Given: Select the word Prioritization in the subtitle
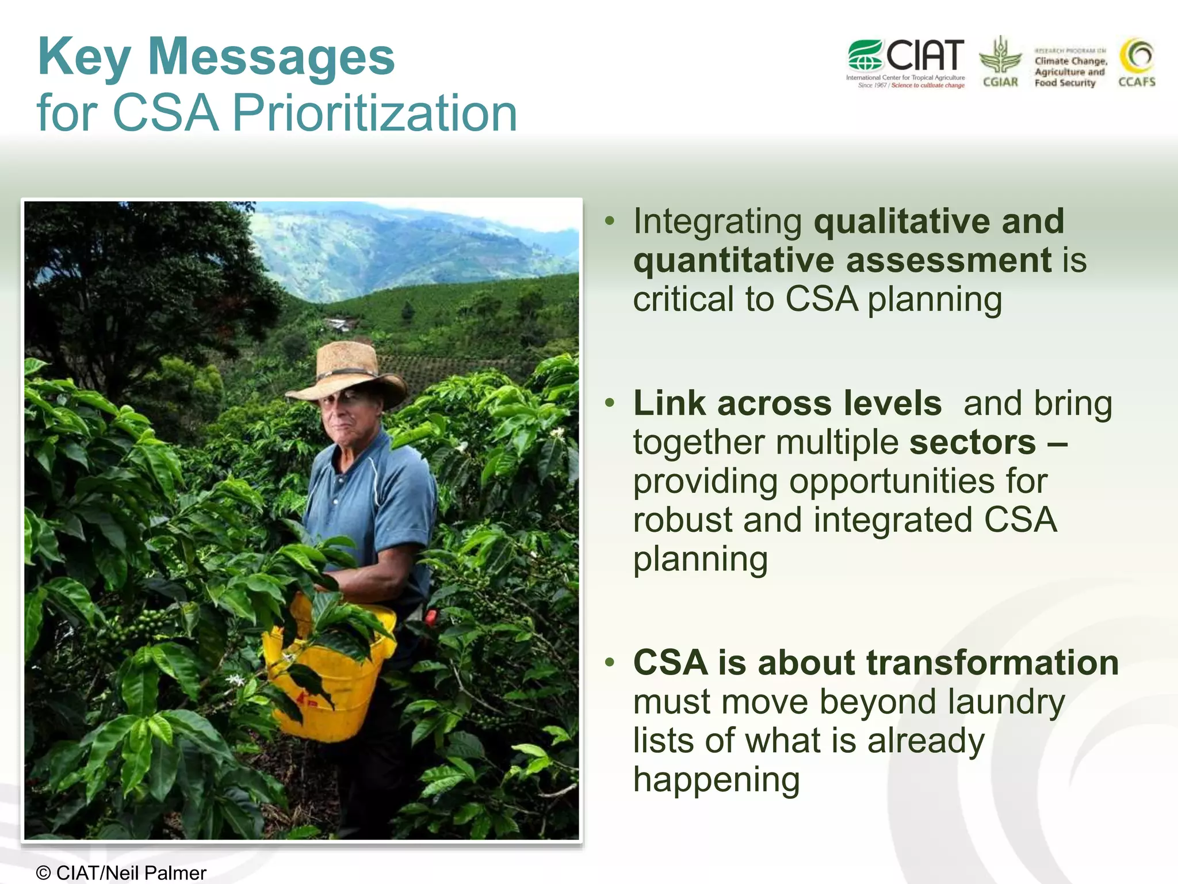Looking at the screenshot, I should (x=374, y=112).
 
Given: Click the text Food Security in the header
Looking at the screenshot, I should (x=1065, y=83).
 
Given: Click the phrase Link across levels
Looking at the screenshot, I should (x=787, y=403).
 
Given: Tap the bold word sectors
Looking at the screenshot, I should (x=972, y=442).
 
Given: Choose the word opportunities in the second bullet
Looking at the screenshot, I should (x=892, y=481).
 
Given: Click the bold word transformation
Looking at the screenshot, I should (x=992, y=662).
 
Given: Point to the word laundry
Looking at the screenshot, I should (x=1006, y=702).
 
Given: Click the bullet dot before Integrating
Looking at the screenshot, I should (x=610, y=221).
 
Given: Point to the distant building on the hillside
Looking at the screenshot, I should (x=338, y=325).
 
